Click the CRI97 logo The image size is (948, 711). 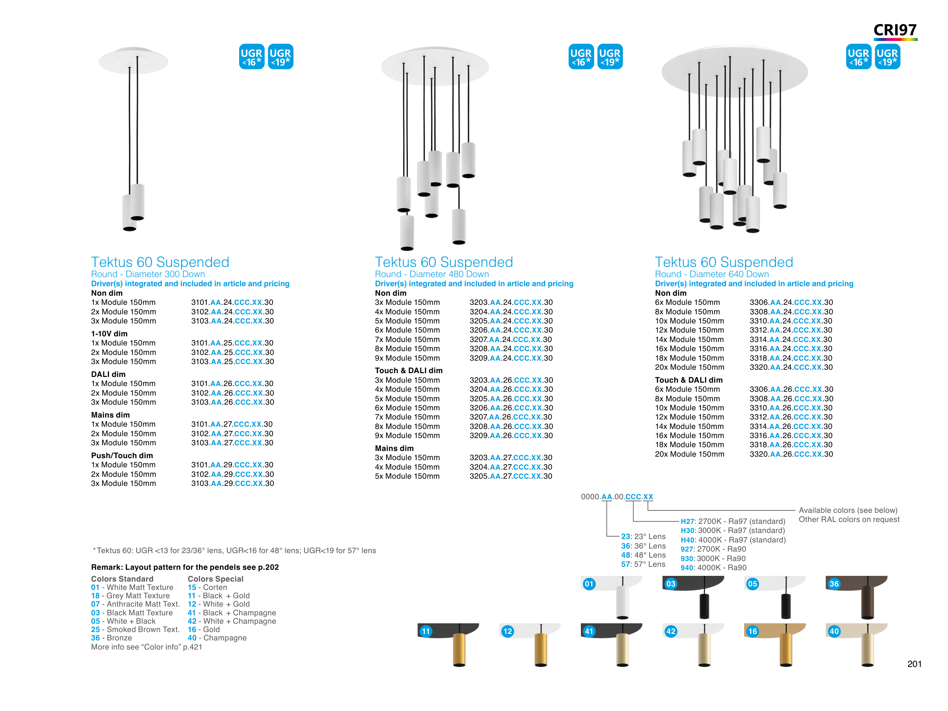click(895, 31)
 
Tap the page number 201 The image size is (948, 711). click(914, 664)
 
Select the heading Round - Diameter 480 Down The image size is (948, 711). click(432, 274)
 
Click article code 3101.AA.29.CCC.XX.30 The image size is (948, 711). click(232, 465)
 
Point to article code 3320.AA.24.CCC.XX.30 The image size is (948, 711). click(791, 367)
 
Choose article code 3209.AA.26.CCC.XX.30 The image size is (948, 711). click(511, 436)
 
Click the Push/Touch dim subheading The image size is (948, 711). click(122, 456)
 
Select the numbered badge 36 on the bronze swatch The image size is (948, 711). click(834, 584)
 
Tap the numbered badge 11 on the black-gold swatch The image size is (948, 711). click(426, 631)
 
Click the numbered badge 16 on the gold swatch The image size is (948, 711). click(752, 631)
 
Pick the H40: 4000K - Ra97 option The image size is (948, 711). click(733, 540)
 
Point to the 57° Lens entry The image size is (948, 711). click(643, 564)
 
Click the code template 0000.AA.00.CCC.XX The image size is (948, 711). click(617, 497)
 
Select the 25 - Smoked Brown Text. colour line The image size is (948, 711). click(135, 629)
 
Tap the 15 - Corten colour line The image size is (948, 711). click(207, 588)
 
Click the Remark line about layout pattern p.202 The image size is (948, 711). click(185, 568)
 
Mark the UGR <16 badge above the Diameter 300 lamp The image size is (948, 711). click(252, 57)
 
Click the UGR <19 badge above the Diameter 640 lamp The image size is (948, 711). click(887, 57)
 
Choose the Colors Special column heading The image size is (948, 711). click(215, 579)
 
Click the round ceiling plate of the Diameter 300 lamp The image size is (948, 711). click(133, 60)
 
